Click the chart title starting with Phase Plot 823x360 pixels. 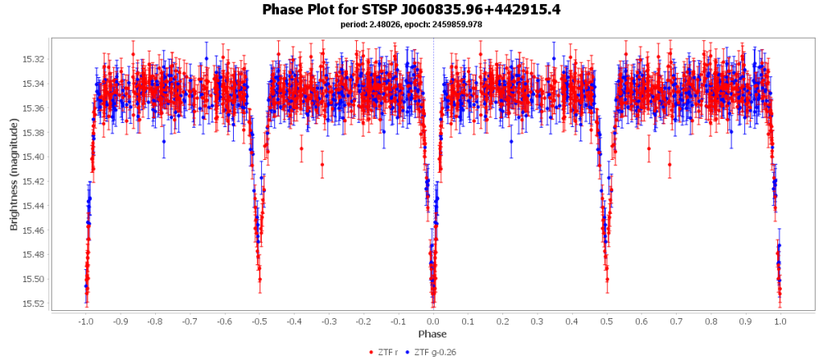(x=411, y=10)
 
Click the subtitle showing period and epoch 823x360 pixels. (x=411, y=24)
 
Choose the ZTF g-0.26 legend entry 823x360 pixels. (x=435, y=352)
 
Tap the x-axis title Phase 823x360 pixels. (x=433, y=333)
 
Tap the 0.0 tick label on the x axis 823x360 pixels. (x=433, y=321)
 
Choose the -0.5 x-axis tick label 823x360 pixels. (x=259, y=321)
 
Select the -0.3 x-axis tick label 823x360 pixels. (x=329, y=321)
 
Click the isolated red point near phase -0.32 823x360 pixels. (x=322, y=165)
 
